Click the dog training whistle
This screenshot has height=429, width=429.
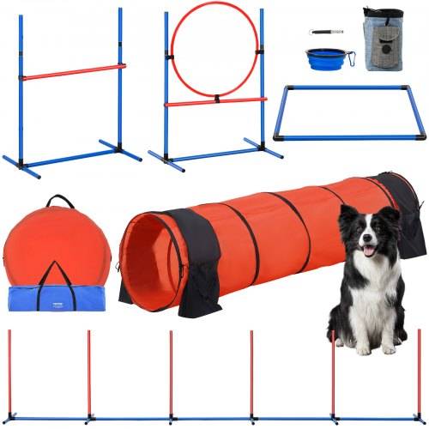(327, 33)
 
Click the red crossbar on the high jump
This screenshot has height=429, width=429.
(73, 73)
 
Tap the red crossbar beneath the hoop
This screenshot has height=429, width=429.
(214, 101)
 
